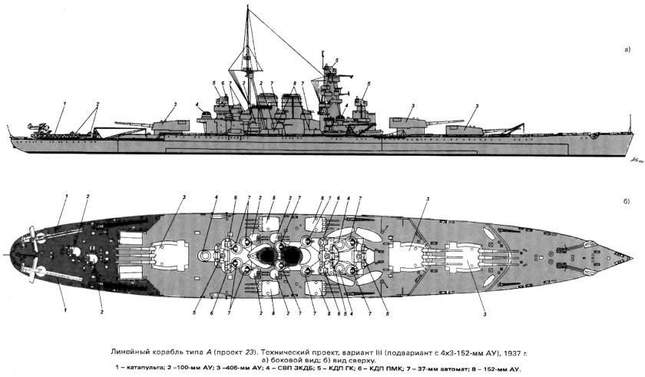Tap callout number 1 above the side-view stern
pos(65,103)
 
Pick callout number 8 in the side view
pos(294,83)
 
